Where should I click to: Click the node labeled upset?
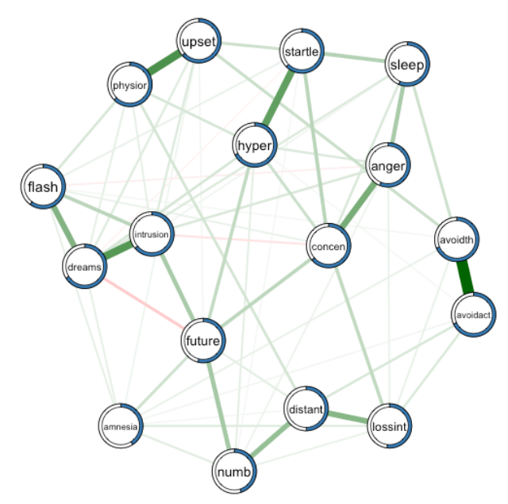point(198,41)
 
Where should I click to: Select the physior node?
point(130,84)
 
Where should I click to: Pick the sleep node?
point(407,65)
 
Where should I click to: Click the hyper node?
point(255,146)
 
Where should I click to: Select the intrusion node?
point(151,235)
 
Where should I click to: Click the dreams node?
point(84,267)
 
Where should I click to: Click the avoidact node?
point(474,315)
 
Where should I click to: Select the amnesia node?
point(121,426)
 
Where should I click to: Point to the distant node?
point(306,410)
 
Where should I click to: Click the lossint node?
point(390,428)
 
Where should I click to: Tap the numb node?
point(235,473)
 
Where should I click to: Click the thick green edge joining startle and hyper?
point(279,98)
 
